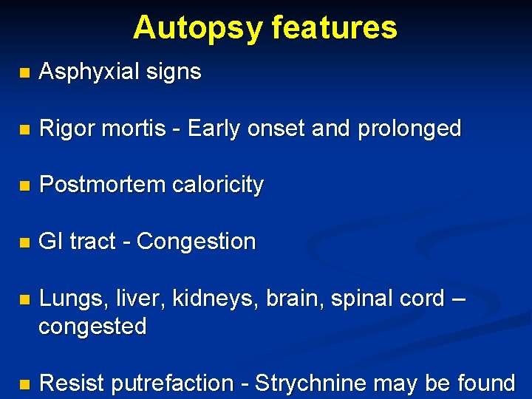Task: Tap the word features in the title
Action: point(334,28)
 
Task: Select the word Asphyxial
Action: point(86,72)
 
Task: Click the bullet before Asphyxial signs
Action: point(24,72)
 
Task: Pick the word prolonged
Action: point(409,129)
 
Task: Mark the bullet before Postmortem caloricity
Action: point(24,185)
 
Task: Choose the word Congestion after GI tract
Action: point(197,242)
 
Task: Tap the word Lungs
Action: point(67,299)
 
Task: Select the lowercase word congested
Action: point(92,326)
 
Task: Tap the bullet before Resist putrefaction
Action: point(24,384)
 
